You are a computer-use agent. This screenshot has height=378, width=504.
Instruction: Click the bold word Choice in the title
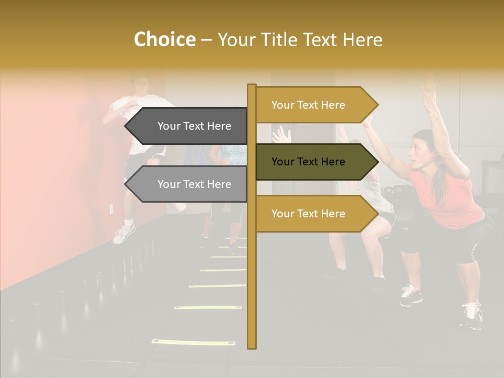click(x=164, y=39)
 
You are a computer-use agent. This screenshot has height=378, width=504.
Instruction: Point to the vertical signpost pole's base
click(x=251, y=344)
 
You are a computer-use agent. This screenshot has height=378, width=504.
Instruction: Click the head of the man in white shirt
click(x=141, y=84)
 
